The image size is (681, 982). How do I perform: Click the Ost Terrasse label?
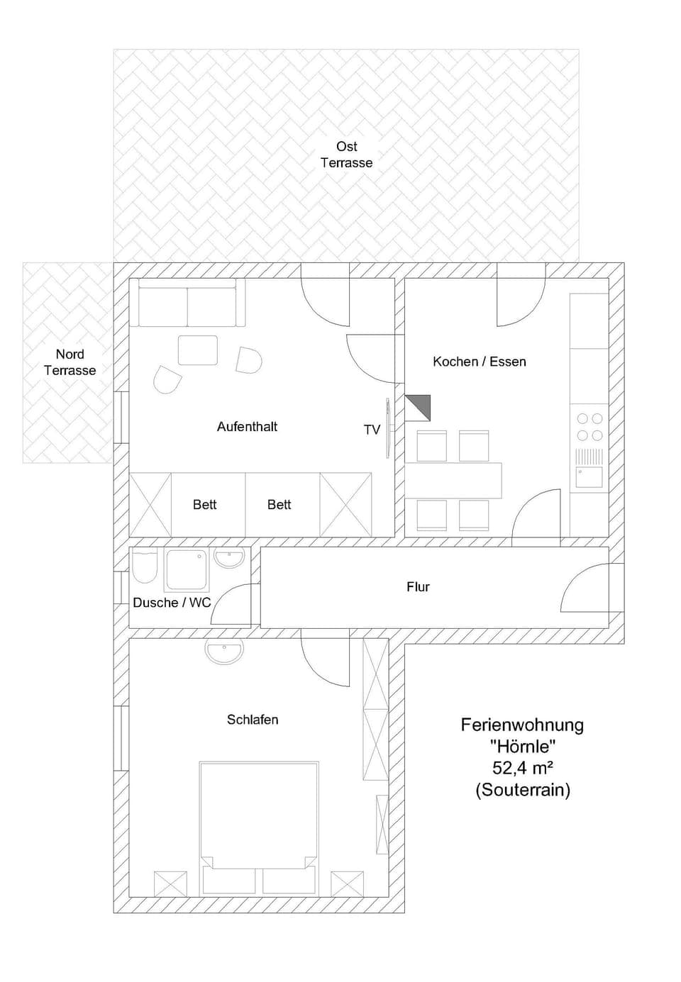tap(346, 155)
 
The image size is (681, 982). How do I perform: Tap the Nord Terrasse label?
tap(70, 362)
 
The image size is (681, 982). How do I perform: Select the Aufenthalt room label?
tap(247, 427)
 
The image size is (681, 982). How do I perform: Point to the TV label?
tap(372, 430)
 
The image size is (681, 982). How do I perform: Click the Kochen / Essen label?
tap(480, 362)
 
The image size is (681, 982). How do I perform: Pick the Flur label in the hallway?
tap(418, 587)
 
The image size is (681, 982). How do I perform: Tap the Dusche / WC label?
tap(172, 603)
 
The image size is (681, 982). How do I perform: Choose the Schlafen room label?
tap(253, 720)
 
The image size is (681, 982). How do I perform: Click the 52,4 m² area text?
tap(523, 767)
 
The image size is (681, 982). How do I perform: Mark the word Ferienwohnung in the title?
tap(523, 725)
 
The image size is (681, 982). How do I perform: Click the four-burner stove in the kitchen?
tap(589, 427)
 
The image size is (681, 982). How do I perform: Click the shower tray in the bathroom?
tap(187, 569)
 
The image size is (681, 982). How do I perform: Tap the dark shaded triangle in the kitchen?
tap(419, 407)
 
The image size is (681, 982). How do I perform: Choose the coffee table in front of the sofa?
tap(197, 350)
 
